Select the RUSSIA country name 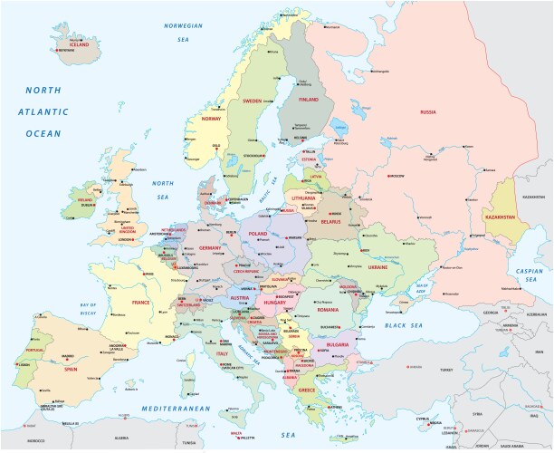pos(428,111)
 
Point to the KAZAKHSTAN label pos(509,218)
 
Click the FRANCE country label pos(140,303)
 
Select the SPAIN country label pos(70,370)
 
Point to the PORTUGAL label pos(35,350)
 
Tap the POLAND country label pos(259,233)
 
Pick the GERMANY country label pos(210,247)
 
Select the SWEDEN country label pos(251,101)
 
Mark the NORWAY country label pos(211,119)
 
